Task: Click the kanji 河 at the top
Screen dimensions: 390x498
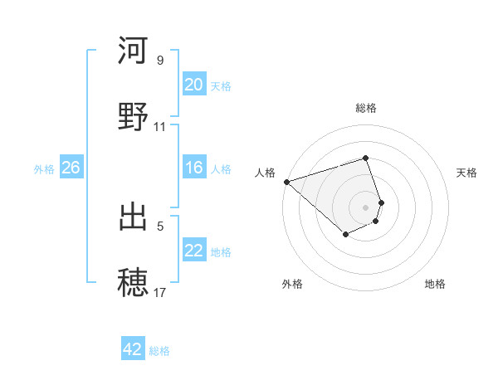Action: [x=133, y=51]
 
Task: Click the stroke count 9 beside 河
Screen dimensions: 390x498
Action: [x=160, y=61]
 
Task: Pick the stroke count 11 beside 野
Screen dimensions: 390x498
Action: [x=160, y=127]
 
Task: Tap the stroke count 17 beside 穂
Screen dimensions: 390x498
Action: [x=160, y=292]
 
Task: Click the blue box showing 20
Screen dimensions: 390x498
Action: [x=194, y=85]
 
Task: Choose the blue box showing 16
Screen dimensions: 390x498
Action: [x=194, y=168]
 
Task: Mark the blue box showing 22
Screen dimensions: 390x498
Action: [x=194, y=251]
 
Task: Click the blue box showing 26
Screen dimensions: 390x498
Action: [x=71, y=168]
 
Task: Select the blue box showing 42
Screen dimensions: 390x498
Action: [x=133, y=349]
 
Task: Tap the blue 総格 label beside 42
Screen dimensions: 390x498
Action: [x=159, y=351]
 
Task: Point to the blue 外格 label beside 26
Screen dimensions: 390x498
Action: [x=44, y=169]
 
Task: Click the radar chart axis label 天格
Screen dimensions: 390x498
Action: [x=467, y=173]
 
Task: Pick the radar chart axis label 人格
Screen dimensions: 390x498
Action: [x=265, y=173]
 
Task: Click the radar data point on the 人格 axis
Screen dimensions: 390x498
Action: [x=286, y=182]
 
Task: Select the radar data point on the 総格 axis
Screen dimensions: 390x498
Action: [x=365, y=158]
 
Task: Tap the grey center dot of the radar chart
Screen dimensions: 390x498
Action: [x=365, y=207]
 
